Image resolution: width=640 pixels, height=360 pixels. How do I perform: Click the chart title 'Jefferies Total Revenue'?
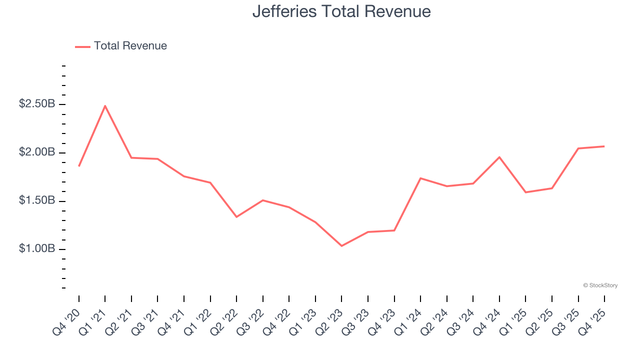click(341, 11)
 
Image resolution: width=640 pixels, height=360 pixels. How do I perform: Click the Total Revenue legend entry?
click(121, 46)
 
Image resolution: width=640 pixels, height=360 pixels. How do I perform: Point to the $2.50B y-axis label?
click(36, 104)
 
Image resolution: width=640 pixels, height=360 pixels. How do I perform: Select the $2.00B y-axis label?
click(36, 152)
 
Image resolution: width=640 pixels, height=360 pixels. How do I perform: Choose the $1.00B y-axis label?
click(36, 249)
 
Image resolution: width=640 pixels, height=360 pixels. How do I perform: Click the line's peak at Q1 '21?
click(105, 105)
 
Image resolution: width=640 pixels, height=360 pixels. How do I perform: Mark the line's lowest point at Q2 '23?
click(341, 246)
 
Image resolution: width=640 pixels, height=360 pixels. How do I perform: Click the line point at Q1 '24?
click(420, 178)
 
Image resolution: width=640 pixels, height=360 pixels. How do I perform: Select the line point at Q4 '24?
click(499, 157)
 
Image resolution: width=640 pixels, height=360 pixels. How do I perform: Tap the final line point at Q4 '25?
click(604, 146)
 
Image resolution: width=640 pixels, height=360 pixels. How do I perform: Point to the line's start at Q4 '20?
click(79, 166)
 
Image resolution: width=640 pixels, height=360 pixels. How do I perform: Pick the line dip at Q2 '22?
click(236, 217)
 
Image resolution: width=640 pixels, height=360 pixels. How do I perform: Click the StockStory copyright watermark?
click(600, 285)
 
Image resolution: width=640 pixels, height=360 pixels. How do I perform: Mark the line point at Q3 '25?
click(578, 148)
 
